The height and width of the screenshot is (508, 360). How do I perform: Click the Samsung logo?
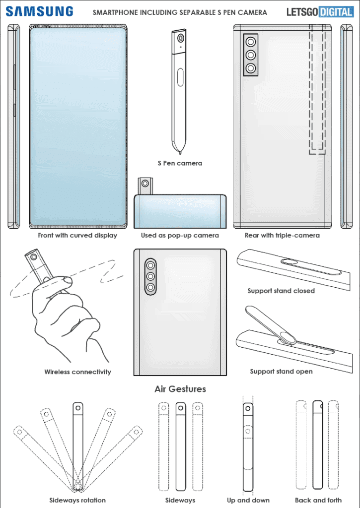40,11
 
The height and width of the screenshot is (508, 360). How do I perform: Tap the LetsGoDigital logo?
320,11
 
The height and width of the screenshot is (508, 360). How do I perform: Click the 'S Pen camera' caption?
180,163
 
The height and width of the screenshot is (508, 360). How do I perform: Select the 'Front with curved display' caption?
77,235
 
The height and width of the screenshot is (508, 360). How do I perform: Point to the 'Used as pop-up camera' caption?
180,235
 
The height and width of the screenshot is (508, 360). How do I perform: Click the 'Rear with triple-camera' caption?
282,235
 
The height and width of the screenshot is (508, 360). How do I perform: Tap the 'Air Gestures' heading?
180,388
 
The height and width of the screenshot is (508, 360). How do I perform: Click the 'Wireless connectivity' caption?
77,372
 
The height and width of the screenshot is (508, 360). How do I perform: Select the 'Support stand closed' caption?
281,291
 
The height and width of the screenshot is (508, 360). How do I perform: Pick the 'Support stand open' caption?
281,371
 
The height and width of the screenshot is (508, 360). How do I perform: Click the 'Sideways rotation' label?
77,500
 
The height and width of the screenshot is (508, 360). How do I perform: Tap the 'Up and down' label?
248,500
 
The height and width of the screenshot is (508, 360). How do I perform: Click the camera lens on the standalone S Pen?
180,39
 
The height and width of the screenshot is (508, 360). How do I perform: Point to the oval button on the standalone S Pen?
180,77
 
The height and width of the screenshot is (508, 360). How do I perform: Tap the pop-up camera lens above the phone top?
145,184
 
